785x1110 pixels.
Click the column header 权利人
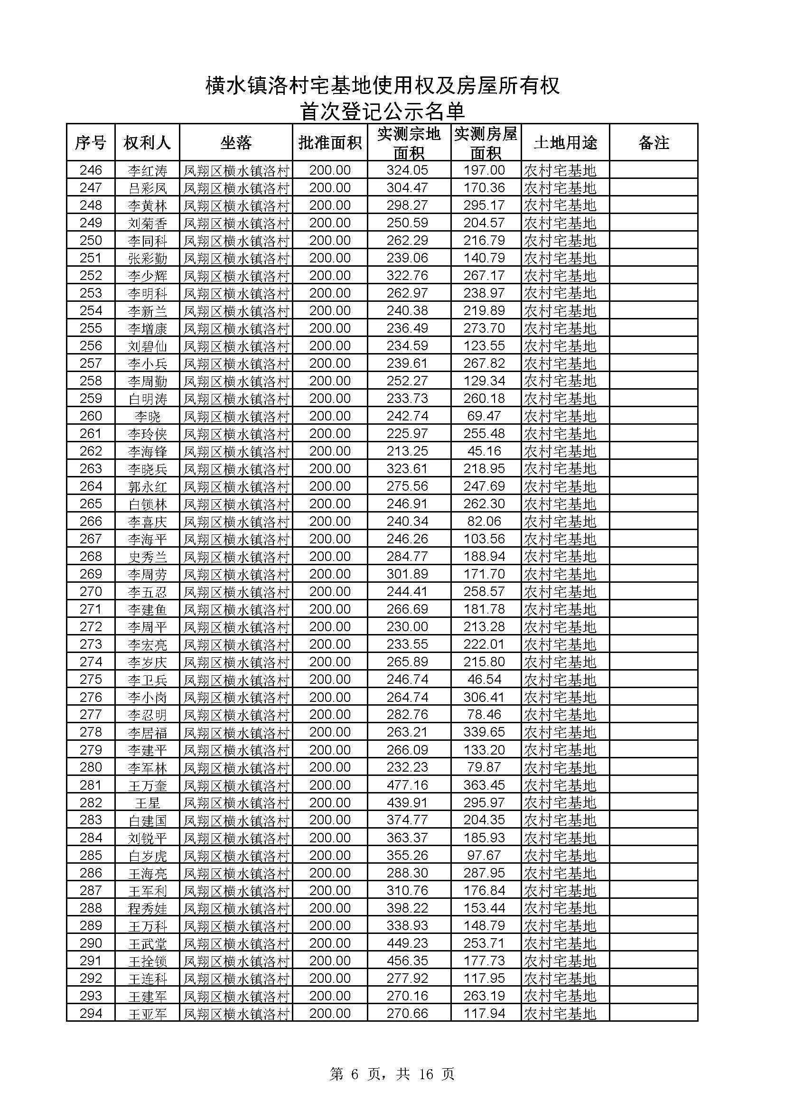point(147,143)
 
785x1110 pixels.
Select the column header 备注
point(653,143)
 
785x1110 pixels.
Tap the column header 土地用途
point(565,143)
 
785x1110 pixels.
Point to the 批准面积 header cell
point(330,143)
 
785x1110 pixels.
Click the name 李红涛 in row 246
point(148,171)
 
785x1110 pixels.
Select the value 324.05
point(407,170)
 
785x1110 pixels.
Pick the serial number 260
point(91,416)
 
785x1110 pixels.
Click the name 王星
point(148,803)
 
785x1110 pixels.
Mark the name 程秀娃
point(148,908)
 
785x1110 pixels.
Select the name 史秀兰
point(148,557)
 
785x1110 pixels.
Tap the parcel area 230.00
point(407,627)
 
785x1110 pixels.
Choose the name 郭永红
point(148,486)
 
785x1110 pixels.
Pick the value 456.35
point(407,961)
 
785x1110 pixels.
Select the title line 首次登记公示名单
point(383,111)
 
